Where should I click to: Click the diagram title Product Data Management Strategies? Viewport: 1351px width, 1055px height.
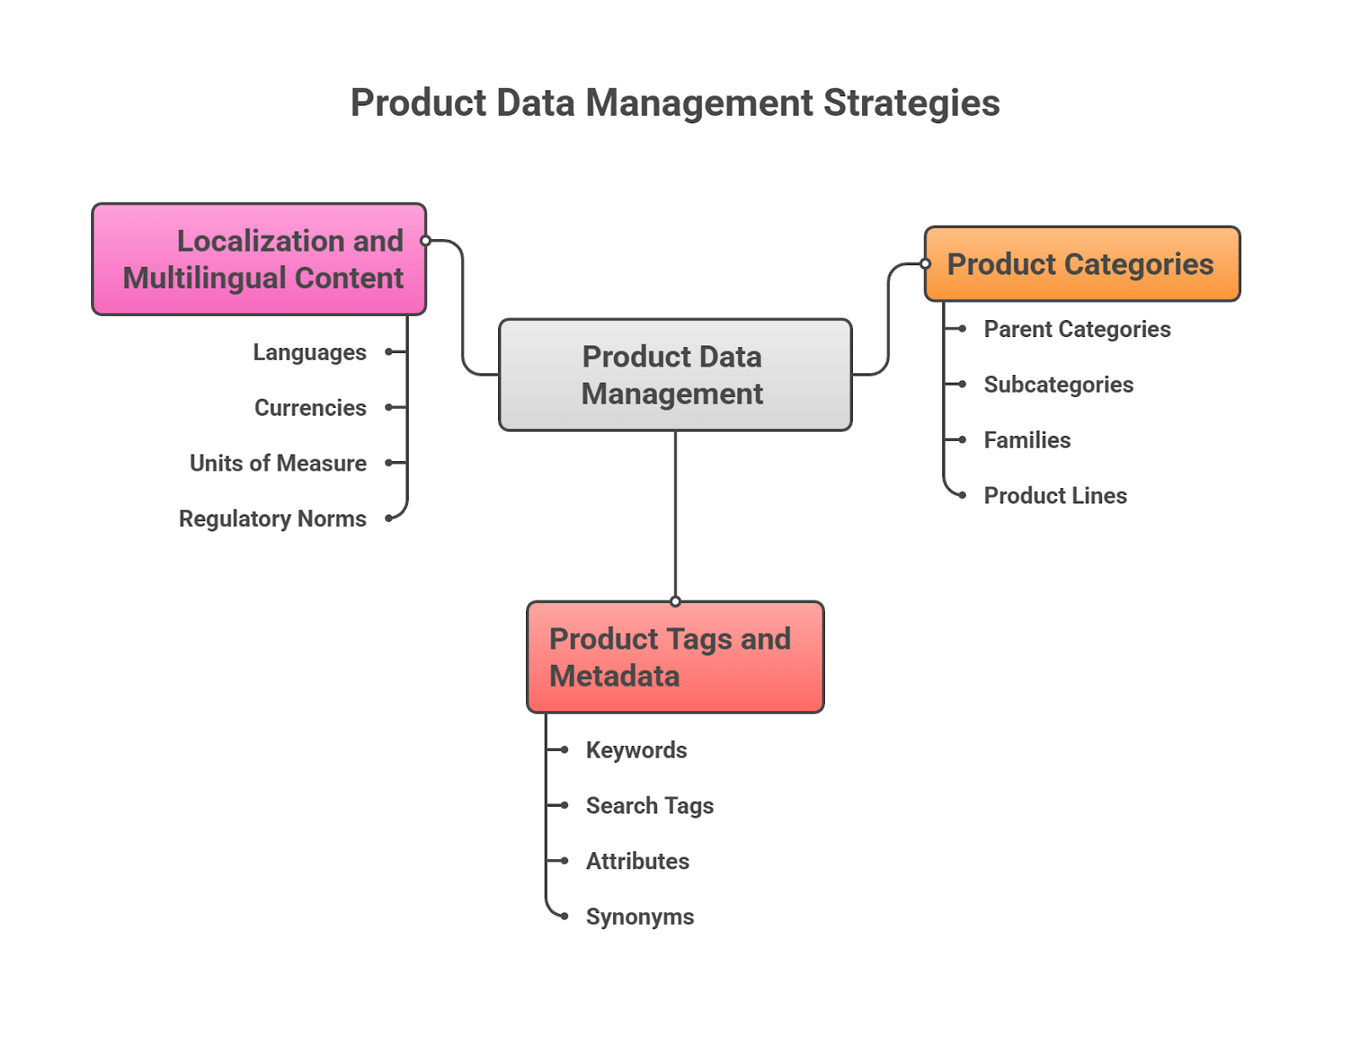coord(675,103)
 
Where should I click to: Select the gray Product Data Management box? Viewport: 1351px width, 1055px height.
coord(675,375)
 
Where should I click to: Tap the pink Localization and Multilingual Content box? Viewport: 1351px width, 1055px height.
coord(259,259)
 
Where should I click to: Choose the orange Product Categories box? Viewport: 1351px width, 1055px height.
coord(1082,264)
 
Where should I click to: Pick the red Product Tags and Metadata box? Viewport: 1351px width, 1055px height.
coord(675,657)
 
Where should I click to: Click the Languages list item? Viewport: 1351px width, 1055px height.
coord(309,352)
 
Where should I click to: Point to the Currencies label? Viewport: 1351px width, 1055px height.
coord(310,408)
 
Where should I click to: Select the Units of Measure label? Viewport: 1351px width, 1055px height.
coord(278,463)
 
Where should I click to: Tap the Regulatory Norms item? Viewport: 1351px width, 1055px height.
coord(272,519)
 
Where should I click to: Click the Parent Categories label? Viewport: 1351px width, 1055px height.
coord(1077,329)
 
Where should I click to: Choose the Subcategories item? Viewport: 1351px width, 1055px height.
coord(1058,385)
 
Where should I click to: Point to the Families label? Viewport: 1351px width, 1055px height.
coord(1027,440)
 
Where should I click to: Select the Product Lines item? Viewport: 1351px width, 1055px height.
coord(1055,496)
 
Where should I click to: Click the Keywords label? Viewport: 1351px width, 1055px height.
coord(636,750)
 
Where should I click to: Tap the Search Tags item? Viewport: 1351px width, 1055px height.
coord(649,806)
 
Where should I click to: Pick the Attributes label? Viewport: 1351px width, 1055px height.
coord(638,862)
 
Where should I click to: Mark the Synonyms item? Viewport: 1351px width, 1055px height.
coord(639,916)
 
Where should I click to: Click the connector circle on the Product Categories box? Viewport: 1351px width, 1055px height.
coord(925,264)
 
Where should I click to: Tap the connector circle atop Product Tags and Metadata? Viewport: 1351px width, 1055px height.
coord(675,601)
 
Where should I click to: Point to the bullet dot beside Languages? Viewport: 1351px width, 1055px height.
coord(388,351)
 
